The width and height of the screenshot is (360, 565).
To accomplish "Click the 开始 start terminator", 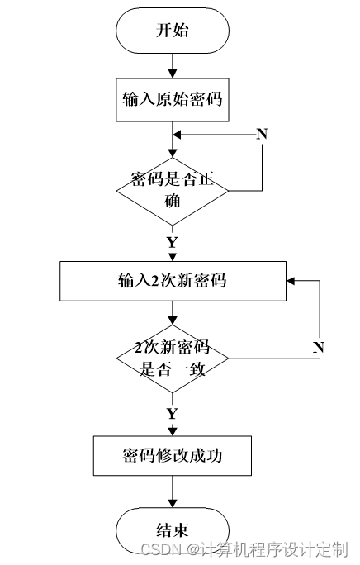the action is [x=173, y=31].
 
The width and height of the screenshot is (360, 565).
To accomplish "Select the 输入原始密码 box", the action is [x=173, y=100].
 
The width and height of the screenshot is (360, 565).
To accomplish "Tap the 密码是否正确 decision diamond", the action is [x=173, y=191].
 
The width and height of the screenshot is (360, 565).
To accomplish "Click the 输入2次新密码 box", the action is [x=173, y=281].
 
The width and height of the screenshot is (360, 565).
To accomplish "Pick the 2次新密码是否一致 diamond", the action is [x=173, y=358].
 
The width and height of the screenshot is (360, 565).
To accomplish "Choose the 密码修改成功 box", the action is [x=173, y=456].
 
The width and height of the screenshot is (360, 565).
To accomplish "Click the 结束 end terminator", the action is [x=173, y=530].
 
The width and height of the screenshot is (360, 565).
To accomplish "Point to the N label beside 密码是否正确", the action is [x=262, y=134].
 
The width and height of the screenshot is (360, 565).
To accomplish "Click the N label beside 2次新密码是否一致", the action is [x=319, y=348].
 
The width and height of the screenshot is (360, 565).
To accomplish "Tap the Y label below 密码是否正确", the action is [x=173, y=242].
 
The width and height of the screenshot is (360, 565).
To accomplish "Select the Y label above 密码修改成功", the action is [x=173, y=413].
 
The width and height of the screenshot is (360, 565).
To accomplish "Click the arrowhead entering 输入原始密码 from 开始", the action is [x=173, y=74].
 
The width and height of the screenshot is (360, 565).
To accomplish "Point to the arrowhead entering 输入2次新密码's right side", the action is [x=291, y=281].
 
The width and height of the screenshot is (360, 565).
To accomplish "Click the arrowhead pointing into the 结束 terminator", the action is [x=173, y=503].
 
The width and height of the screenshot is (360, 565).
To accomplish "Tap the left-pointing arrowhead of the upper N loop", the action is [x=177, y=135].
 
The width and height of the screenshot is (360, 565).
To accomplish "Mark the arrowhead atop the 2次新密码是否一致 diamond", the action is [x=173, y=320].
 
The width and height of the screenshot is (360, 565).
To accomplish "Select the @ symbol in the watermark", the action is [x=193, y=549].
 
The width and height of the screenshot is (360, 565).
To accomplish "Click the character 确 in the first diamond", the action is [x=173, y=201].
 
